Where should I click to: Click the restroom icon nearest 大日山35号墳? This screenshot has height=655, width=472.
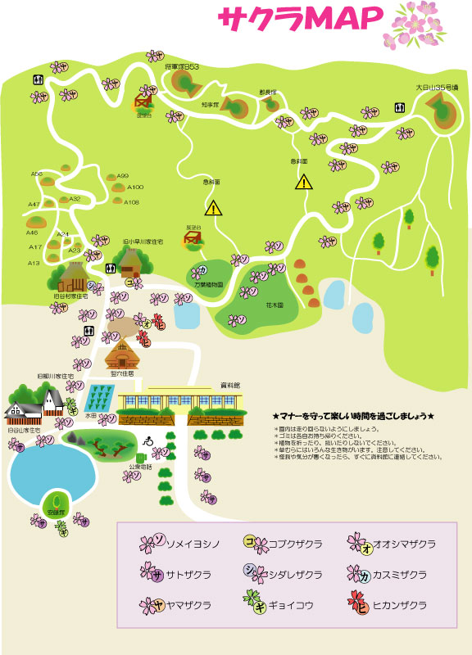[x=399, y=106]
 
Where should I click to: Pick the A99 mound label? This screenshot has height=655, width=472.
[x=123, y=176]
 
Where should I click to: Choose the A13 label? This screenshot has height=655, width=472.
[x=34, y=264]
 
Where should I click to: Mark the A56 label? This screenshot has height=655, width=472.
[x=37, y=174]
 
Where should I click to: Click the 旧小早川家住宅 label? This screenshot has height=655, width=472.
[x=143, y=242]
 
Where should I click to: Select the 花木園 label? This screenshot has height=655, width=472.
[x=274, y=304]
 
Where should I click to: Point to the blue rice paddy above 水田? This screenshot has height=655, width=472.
[x=98, y=399]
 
